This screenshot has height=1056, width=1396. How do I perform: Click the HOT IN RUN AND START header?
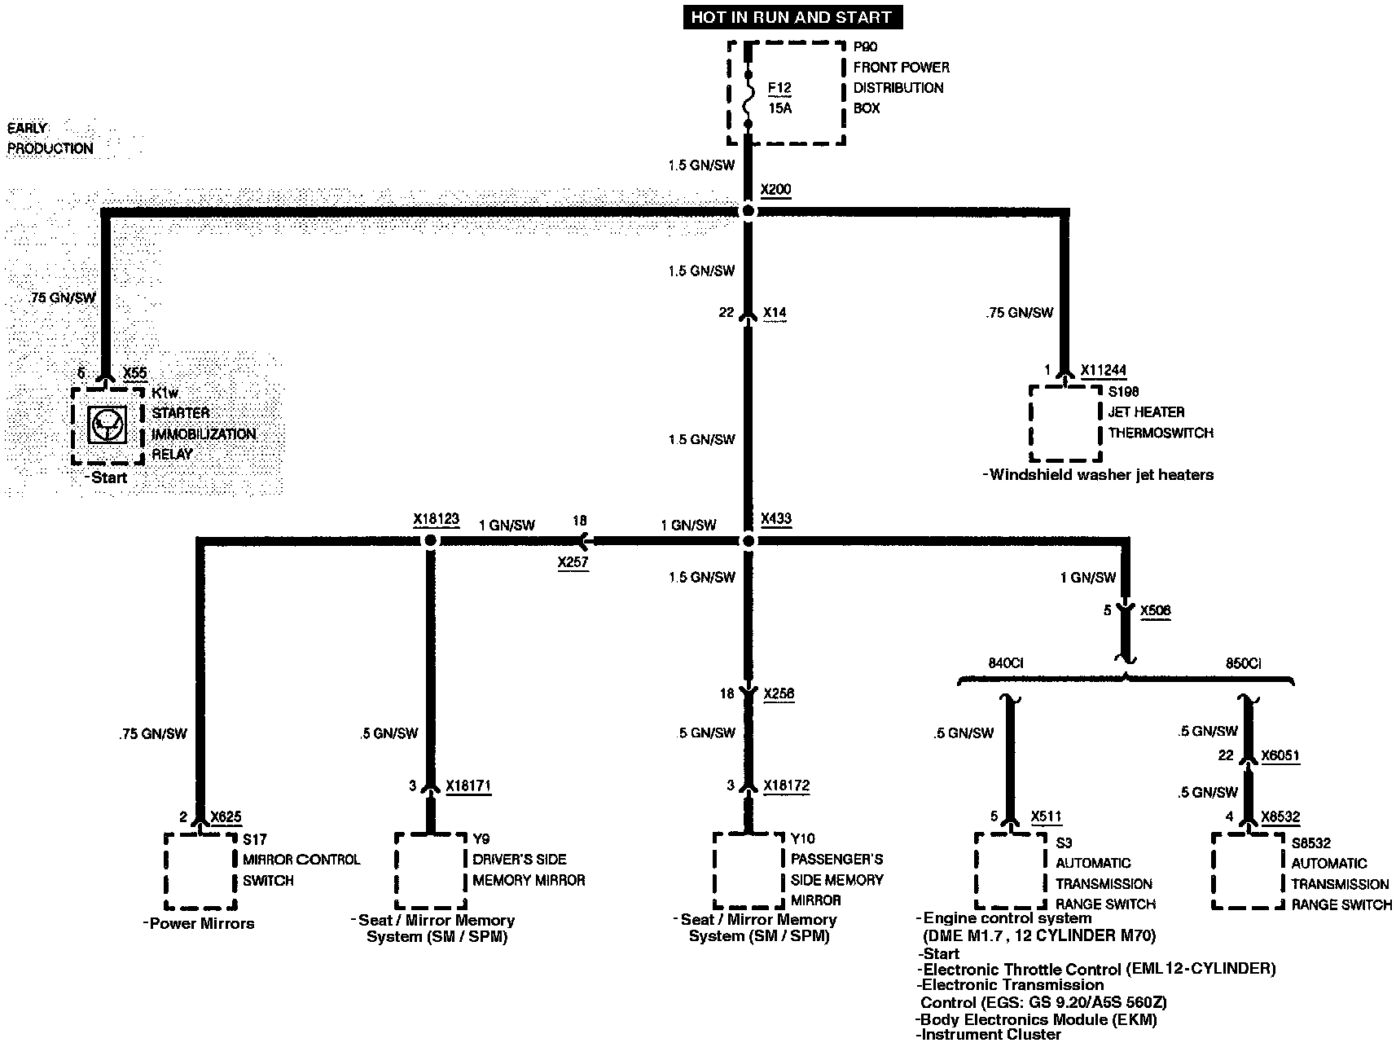pyautogui.click(x=791, y=17)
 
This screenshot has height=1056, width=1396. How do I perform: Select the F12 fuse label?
pyautogui.click(x=779, y=88)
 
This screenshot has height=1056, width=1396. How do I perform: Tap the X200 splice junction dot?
pyautogui.click(x=748, y=212)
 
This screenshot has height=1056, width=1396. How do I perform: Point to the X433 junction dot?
pyautogui.click(x=748, y=541)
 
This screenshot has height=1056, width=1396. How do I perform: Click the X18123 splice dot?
pyautogui.click(x=431, y=541)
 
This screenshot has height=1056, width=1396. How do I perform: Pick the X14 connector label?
pyautogui.click(x=775, y=313)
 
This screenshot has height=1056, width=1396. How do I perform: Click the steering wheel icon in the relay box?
pyautogui.click(x=108, y=425)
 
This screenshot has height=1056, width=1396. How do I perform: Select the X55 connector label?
pyautogui.click(x=135, y=373)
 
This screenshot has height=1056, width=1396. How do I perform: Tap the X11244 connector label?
pyautogui.click(x=1104, y=371)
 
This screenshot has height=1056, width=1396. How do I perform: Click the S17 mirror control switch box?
pyautogui.click(x=200, y=871)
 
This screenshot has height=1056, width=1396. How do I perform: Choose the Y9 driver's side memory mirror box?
pyautogui.click(x=431, y=870)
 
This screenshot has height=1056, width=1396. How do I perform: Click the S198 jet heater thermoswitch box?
pyautogui.click(x=1065, y=424)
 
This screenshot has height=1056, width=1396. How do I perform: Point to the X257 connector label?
pyautogui.click(x=573, y=562)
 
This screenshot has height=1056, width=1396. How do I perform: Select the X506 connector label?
pyautogui.click(x=1156, y=610)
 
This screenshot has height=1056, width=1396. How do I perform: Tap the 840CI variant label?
pyautogui.click(x=1005, y=663)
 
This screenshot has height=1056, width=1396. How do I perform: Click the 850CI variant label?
pyautogui.click(x=1243, y=663)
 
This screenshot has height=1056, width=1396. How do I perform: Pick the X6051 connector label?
pyautogui.click(x=1280, y=755)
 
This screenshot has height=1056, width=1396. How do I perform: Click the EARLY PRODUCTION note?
pyautogui.click(x=50, y=139)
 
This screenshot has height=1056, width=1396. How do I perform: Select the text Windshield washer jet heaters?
pyautogui.click(x=1100, y=475)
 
